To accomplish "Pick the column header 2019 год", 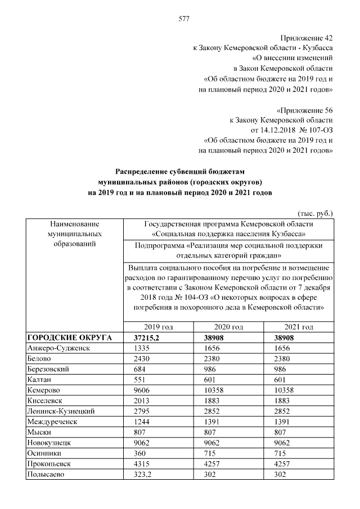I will [x=158, y=327].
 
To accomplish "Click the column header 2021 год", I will [x=299, y=327].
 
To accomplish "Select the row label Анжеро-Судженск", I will [x=58, y=348].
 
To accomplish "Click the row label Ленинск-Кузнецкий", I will [x=60, y=411].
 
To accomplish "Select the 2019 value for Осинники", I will [x=139, y=453].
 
